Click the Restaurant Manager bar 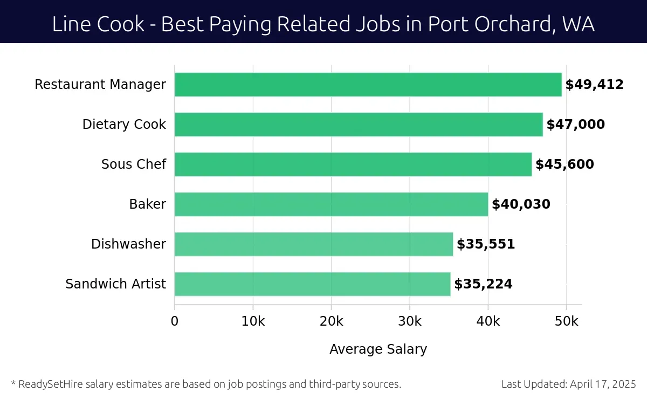pos(368,85)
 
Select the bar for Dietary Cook pos(359,125)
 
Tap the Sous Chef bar pos(353,164)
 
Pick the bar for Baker pos(331,204)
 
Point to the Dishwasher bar pos(314,244)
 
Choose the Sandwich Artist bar pos(312,284)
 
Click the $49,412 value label pos(594,85)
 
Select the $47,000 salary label pos(575,125)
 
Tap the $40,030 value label pos(521,204)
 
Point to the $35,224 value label pos(483,284)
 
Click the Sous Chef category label pos(134,164)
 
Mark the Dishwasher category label pos(128,244)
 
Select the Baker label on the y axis pos(147,204)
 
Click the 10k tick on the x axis pos(253,321)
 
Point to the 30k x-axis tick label pos(410,321)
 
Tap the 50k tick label pos(567,321)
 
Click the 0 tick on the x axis pos(175,321)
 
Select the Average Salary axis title pos(378,349)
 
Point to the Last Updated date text pos(568,384)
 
